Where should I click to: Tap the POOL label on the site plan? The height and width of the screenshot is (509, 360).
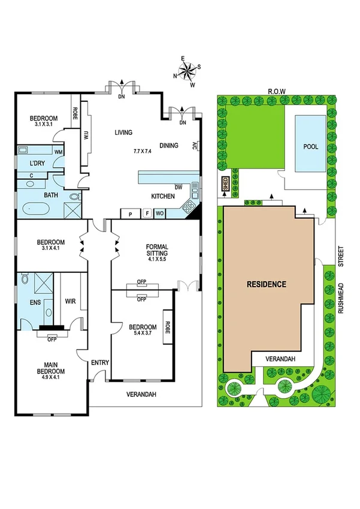tap(311, 146)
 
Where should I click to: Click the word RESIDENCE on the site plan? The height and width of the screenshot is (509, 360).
tap(267, 284)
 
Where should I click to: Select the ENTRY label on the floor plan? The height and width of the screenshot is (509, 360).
tap(99, 362)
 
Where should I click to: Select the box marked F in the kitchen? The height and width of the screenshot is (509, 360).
tap(146, 213)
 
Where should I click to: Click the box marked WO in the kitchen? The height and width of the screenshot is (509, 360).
tap(160, 213)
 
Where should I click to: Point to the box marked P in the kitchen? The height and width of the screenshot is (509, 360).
tap(130, 213)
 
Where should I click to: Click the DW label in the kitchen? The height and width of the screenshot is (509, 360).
tap(178, 186)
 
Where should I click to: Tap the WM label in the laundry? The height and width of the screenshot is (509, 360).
tap(58, 152)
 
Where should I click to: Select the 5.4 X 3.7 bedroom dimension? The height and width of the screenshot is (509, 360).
tap(143, 335)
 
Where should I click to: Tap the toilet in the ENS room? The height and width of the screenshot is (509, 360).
tap(25, 279)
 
